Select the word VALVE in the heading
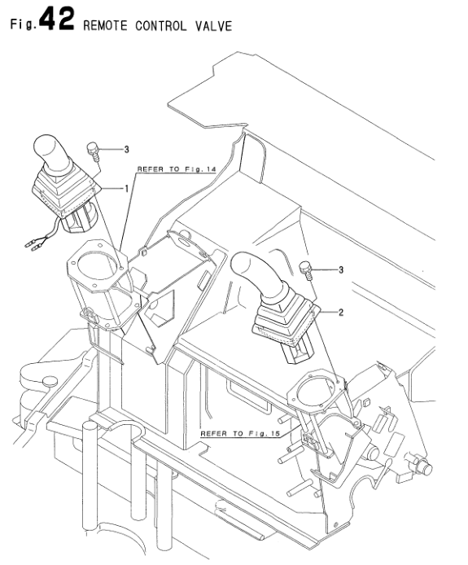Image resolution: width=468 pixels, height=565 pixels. (x=213, y=25)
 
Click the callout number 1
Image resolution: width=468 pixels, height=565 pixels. (x=126, y=188)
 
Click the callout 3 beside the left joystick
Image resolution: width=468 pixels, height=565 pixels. (x=126, y=150)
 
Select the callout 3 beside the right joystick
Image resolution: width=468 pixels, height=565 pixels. (x=341, y=269)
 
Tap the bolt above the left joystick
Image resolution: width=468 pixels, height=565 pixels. (x=92, y=151)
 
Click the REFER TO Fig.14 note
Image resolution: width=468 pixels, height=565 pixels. (x=174, y=169)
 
